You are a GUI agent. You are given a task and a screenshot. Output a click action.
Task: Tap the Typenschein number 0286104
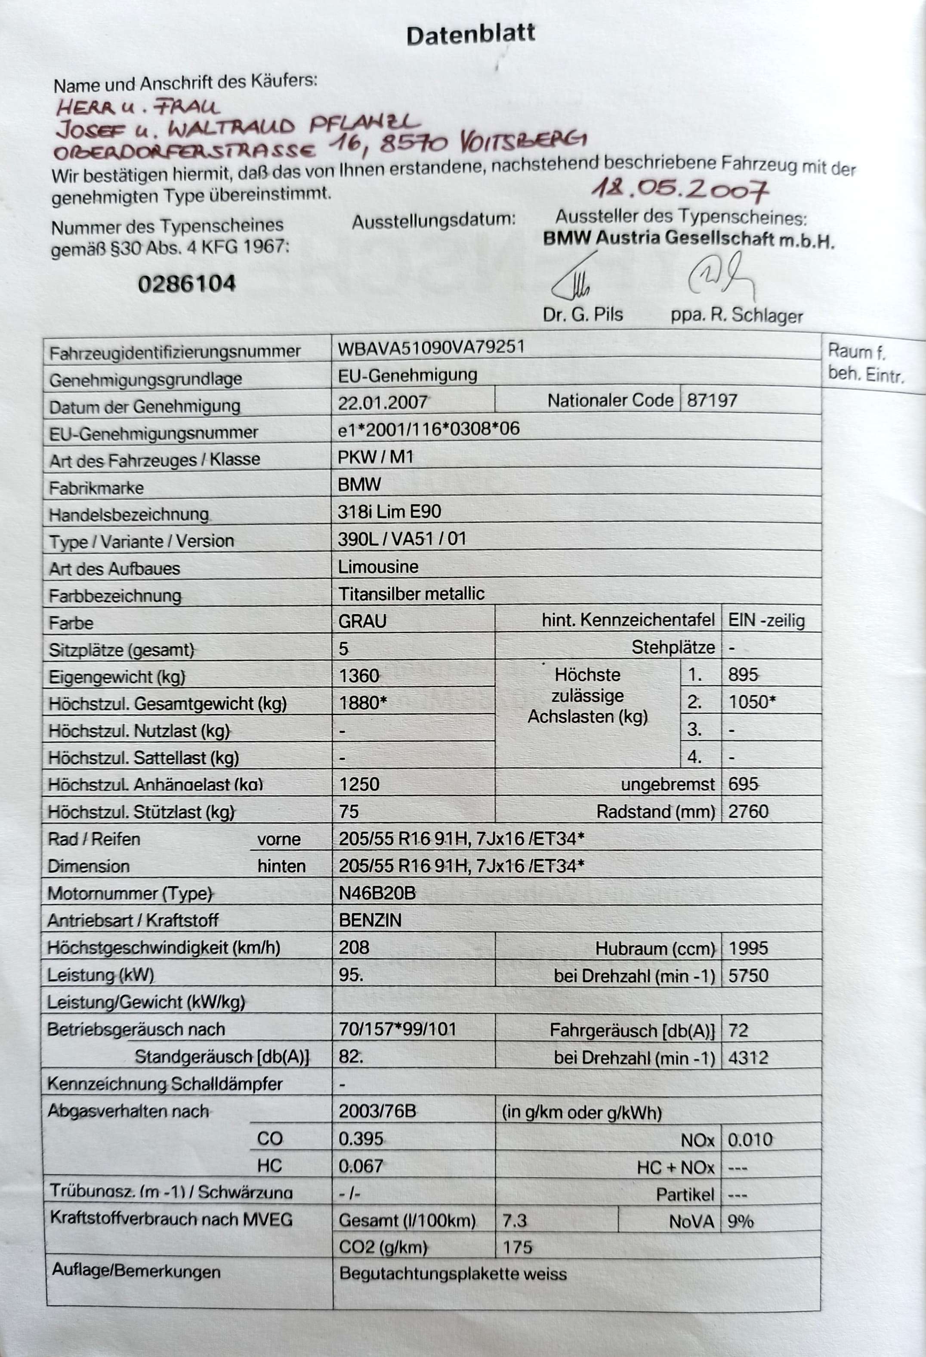tap(187, 284)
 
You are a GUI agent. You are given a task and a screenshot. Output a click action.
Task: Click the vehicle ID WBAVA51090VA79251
tap(431, 348)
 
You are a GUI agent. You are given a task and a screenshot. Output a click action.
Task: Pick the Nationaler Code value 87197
tap(712, 401)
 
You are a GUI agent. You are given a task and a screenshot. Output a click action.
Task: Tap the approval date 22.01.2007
tap(383, 402)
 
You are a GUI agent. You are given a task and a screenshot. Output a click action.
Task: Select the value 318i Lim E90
tap(389, 512)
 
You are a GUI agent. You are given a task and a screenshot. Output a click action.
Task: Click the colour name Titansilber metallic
tap(411, 594)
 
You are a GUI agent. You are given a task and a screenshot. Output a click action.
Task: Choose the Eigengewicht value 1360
tap(359, 675)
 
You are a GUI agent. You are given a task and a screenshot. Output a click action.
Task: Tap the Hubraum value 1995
tap(748, 948)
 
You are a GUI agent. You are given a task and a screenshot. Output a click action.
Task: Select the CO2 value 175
tap(517, 1247)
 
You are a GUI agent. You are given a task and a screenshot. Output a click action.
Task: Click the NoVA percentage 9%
tap(740, 1221)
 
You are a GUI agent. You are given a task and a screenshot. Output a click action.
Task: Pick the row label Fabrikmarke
tap(96, 488)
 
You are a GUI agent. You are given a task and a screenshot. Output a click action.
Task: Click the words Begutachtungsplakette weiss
tap(453, 1274)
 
